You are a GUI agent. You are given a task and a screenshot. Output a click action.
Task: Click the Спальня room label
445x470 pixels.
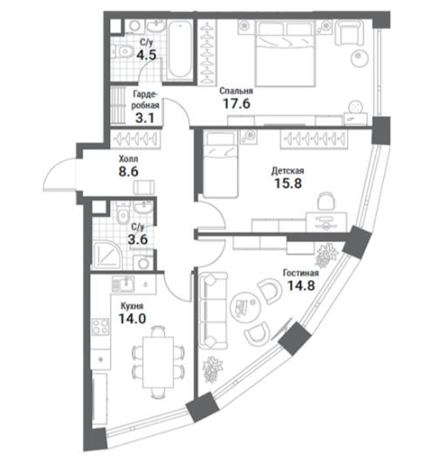coord(236,91)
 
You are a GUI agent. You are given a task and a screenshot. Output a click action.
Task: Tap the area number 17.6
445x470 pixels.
coord(236,104)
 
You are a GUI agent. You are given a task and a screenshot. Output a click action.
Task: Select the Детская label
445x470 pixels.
coord(287,171)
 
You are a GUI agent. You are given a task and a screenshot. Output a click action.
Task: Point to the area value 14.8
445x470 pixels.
coord(301,286)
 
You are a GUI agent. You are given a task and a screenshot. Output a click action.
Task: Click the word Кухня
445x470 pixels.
coord(132,306)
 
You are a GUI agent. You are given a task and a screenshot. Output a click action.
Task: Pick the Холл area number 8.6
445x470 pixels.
coord(128,172)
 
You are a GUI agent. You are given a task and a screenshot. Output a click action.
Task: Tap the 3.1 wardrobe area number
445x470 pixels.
coord(145,118)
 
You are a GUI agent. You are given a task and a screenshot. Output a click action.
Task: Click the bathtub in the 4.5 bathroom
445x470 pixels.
coord(179,50)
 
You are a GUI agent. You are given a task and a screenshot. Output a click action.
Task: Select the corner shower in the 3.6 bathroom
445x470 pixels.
coord(107,255)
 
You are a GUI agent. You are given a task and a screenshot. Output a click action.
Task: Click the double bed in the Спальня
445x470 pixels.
coord(285,53)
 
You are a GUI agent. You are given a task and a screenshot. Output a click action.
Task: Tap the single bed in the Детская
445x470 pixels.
coord(221,164)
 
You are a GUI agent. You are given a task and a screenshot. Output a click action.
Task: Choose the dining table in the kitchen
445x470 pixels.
coord(158,362)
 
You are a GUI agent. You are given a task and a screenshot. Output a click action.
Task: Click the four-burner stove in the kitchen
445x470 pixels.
coord(100,327)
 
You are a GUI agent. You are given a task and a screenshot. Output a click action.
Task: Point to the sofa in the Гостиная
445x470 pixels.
coord(213,310)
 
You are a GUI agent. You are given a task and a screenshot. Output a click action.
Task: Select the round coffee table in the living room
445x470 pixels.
coord(245,308)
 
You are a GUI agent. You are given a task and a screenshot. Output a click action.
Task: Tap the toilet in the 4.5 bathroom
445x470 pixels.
coord(123,52)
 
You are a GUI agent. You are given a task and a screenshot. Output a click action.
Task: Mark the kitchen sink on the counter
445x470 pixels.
coord(123,284)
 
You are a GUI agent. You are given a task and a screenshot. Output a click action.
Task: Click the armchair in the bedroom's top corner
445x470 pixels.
coord(350,32)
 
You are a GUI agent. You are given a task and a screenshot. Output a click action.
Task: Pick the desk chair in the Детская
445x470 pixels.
coord(326,201)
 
